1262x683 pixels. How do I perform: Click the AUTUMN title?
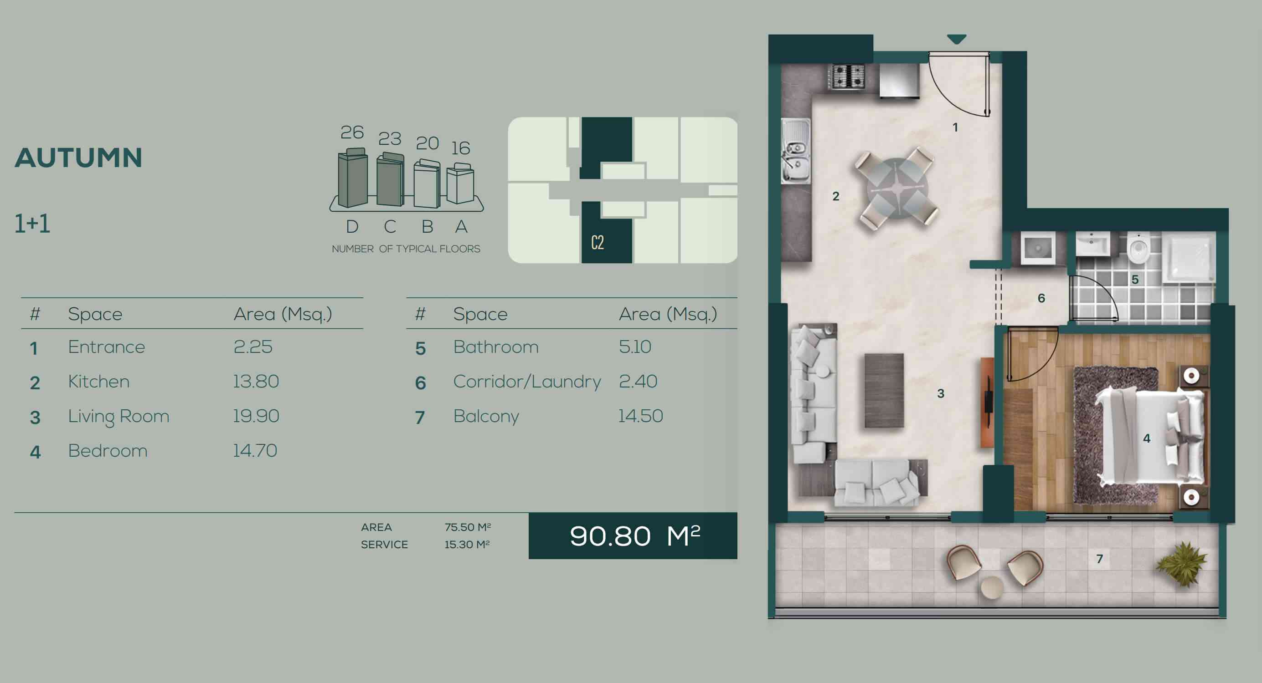[x=78, y=158]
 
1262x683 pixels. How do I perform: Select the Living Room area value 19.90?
[x=256, y=416]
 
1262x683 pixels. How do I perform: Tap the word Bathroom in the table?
[x=496, y=347]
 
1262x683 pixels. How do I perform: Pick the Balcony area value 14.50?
[x=640, y=416]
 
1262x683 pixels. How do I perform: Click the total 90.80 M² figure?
[x=635, y=535]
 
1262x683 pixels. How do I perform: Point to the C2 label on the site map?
[x=597, y=242]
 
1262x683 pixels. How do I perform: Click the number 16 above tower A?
[x=460, y=148]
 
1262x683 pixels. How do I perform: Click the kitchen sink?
[x=795, y=151]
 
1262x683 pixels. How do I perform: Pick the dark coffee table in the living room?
[x=884, y=391]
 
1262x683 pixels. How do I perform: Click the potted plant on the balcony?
[x=1182, y=563]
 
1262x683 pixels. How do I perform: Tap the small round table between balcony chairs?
[x=992, y=587]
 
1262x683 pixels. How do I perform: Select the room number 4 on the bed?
[x=1146, y=438]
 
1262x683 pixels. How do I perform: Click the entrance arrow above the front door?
[x=956, y=39]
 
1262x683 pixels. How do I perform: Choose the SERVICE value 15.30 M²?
[x=467, y=545]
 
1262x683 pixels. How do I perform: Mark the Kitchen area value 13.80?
[x=256, y=382]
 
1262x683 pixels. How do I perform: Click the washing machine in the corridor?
[x=1038, y=248]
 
